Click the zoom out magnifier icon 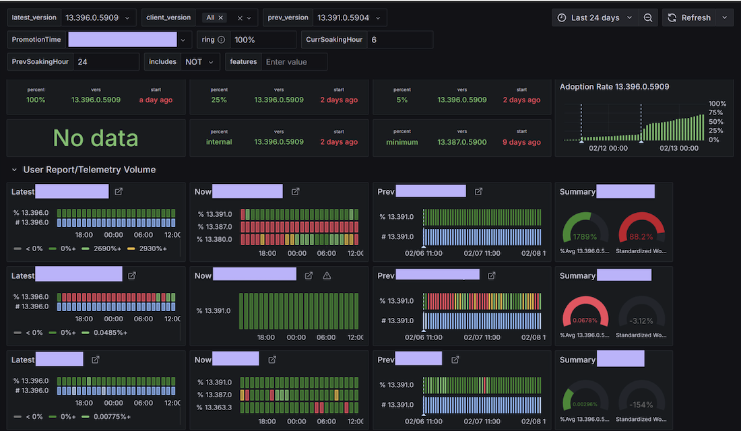click(x=648, y=18)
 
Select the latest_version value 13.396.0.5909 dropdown click(x=98, y=18)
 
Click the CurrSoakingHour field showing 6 click(x=399, y=40)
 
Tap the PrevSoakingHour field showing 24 click(x=108, y=62)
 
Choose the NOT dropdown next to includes click(x=199, y=62)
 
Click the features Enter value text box click(x=294, y=62)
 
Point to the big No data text click(x=96, y=138)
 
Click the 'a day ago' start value click(x=156, y=100)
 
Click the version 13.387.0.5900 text click(x=462, y=142)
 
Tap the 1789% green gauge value click(x=585, y=236)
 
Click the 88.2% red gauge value click(x=641, y=236)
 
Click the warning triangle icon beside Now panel click(x=327, y=275)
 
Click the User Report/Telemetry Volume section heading click(x=89, y=170)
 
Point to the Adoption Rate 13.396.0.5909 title click(x=614, y=87)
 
